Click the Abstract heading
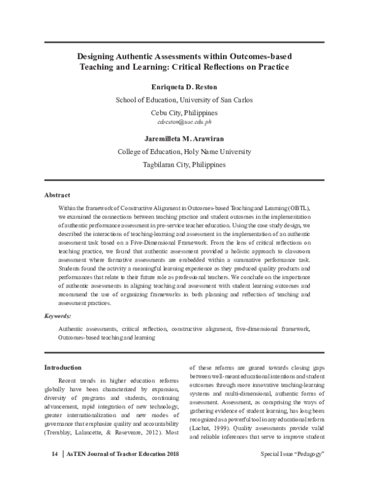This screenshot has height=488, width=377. [57, 196]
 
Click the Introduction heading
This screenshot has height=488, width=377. [62, 367]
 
